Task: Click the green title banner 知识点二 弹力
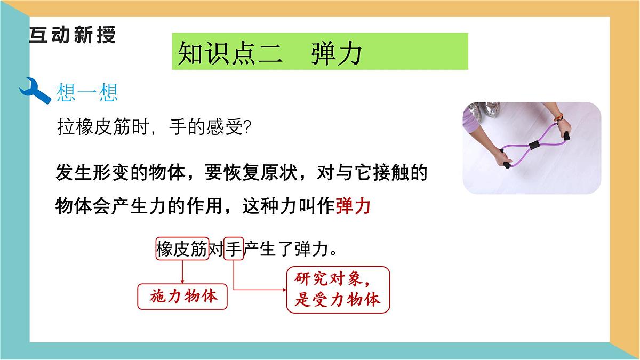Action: (x=319, y=52)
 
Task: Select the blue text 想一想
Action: (x=87, y=93)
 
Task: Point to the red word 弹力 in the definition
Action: (x=353, y=205)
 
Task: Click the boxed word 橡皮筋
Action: (x=181, y=249)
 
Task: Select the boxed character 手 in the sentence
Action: (x=234, y=249)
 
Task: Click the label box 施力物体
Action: (x=182, y=297)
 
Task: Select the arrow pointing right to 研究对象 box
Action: (x=259, y=290)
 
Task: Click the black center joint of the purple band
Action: (x=533, y=145)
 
